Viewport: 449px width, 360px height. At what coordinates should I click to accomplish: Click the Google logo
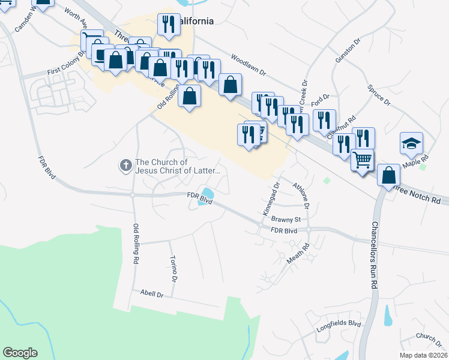click(x=20, y=353)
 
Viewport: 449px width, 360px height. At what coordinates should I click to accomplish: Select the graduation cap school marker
click(x=411, y=144)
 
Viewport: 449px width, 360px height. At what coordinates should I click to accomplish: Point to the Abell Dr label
click(x=152, y=294)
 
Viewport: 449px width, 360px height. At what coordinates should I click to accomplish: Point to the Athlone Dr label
click(x=301, y=196)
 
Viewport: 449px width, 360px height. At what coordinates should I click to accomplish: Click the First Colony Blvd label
click(x=67, y=72)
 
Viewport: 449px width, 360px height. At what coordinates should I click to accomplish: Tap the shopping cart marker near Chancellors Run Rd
click(x=362, y=161)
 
